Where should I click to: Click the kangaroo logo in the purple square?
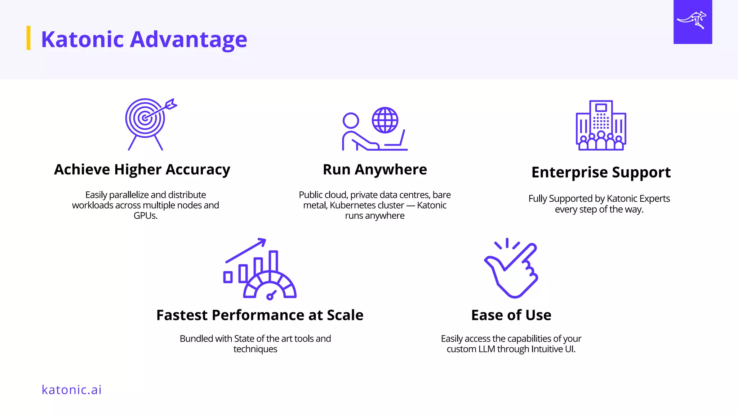pos(692,21)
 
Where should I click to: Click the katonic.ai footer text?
pos(72,390)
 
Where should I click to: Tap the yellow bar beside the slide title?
pos(28,38)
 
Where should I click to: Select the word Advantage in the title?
pos(188,39)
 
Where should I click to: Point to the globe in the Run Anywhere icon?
pos(385,120)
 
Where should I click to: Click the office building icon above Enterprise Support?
pos(601,125)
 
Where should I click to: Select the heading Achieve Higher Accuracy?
pos(142,170)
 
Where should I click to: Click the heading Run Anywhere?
pos(375,170)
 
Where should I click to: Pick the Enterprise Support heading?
pos(601,173)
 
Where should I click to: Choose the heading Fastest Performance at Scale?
pos(260,315)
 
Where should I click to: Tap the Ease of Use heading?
pos(511,315)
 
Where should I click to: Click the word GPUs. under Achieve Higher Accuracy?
pos(146,216)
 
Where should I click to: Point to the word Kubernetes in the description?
pos(367,205)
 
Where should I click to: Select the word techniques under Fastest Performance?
pos(255,349)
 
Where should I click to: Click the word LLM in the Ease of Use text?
pos(486,349)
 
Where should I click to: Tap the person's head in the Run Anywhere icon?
pos(351,120)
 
